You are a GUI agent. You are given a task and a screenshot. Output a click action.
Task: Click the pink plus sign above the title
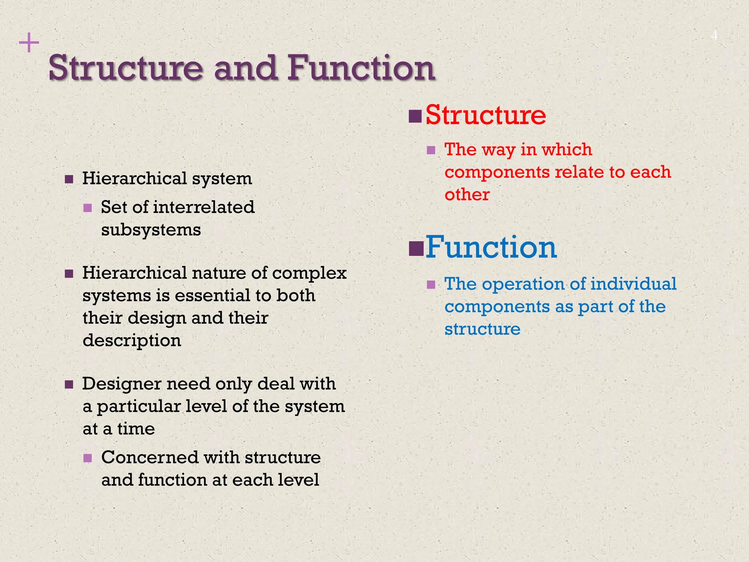pos(29,43)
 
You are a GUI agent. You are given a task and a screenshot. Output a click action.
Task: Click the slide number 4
pos(714,36)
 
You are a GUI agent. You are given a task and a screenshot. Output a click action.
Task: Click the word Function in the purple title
pos(361,68)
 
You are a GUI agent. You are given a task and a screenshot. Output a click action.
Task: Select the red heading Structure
pos(485,115)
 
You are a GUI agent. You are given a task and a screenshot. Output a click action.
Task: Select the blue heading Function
pos(491,247)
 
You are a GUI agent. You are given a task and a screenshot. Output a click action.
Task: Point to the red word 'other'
pos(467,195)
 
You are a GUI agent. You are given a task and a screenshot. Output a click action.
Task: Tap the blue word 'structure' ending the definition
pos(482,329)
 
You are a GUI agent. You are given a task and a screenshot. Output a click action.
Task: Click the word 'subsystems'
pos(151,230)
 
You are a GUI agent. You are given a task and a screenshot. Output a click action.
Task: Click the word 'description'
pos(132,341)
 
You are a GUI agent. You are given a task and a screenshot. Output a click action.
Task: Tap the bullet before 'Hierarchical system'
pos(69,179)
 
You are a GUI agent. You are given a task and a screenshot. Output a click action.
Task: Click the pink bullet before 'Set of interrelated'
pos(87,208)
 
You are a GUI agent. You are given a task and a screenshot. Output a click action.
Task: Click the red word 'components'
pos(497,172)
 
